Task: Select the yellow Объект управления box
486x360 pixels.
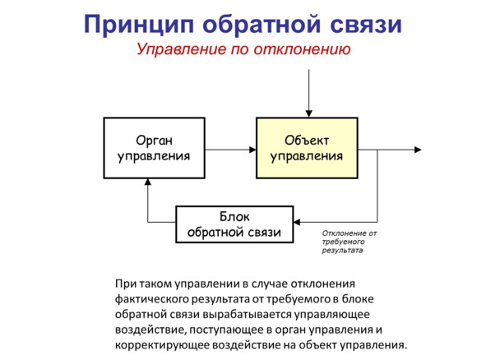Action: click(307, 148)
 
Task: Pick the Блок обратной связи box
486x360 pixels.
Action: click(234, 224)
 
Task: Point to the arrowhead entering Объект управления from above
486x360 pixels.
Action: click(308, 113)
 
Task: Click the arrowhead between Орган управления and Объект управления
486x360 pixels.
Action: click(252, 150)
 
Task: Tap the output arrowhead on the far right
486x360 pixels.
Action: click(418, 150)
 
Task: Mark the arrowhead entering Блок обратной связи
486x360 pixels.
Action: click(297, 222)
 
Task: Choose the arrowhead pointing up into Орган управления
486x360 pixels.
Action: click(148, 182)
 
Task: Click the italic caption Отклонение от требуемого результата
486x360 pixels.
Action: click(349, 242)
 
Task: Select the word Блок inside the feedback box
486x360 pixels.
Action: click(234, 216)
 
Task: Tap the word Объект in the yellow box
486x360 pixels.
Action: click(307, 141)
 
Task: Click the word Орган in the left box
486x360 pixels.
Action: click(154, 141)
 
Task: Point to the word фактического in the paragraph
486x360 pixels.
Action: click(150, 299)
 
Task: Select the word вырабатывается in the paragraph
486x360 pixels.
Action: click(247, 314)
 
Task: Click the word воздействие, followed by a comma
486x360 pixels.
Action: click(150, 330)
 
